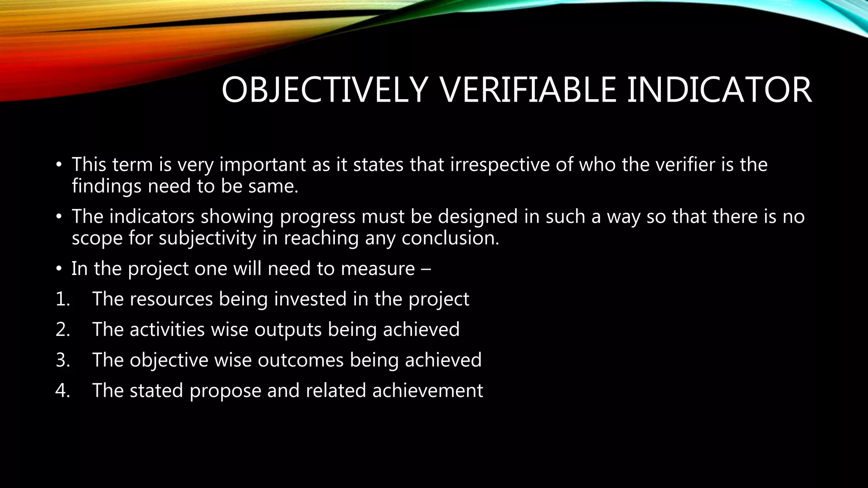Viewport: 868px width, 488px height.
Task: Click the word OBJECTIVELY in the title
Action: click(x=324, y=90)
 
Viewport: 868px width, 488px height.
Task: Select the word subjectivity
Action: click(x=208, y=238)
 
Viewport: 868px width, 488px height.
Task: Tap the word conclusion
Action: click(x=450, y=238)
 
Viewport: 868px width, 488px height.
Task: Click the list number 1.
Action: click(x=62, y=299)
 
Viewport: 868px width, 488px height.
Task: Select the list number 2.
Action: click(x=62, y=330)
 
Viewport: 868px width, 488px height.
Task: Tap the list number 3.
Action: click(x=62, y=360)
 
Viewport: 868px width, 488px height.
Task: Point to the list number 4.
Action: click(x=62, y=391)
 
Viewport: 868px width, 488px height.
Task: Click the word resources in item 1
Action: click(x=171, y=299)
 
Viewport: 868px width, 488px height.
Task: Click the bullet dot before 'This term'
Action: click(x=59, y=165)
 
